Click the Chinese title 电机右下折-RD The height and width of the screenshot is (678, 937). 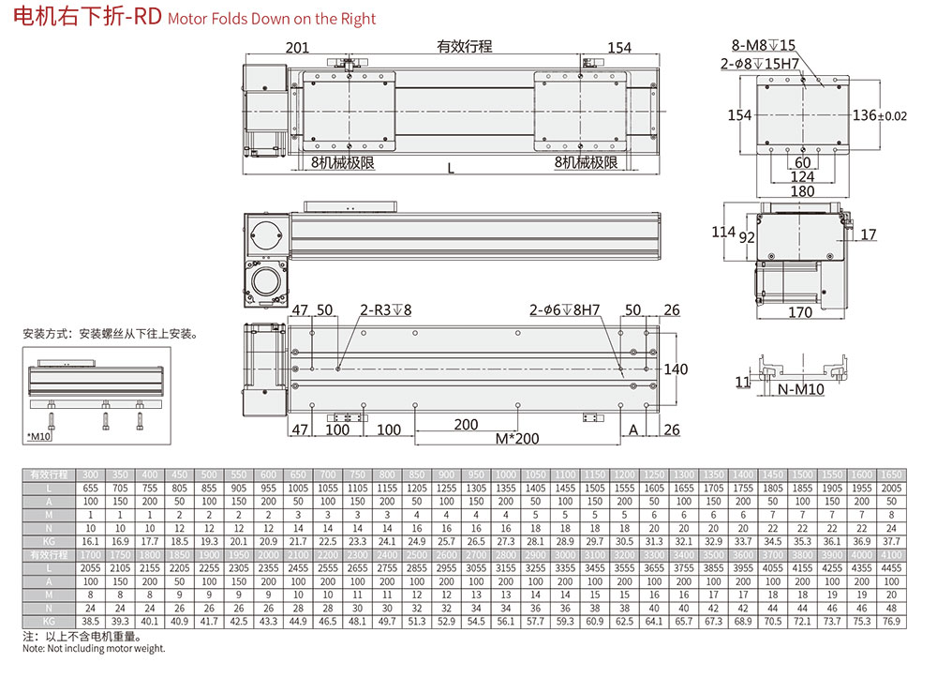point(82,17)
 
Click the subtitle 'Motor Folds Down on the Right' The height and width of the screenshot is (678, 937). point(272,19)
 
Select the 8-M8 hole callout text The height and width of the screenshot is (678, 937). point(763,45)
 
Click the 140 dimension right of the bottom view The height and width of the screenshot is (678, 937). point(676,369)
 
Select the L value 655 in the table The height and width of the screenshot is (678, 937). point(91,489)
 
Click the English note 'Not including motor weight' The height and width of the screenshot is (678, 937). point(94,648)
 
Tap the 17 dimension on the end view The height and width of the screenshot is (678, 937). point(869,234)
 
